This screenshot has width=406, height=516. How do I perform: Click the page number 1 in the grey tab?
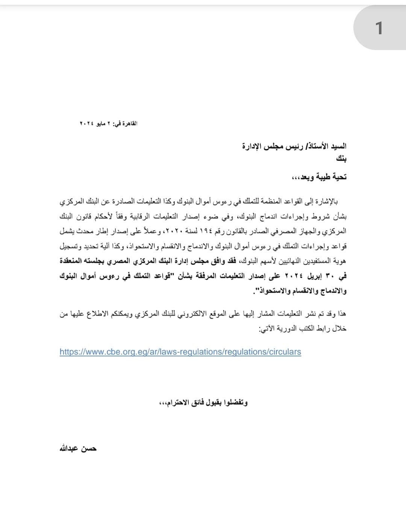[379, 28]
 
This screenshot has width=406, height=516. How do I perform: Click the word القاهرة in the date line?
[129, 123]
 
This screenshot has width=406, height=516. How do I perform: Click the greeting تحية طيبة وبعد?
[320, 177]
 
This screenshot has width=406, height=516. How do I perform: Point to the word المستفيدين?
[309, 260]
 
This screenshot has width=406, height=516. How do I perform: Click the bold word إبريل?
[315, 276]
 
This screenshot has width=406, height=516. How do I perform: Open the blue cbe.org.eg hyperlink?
[180, 352]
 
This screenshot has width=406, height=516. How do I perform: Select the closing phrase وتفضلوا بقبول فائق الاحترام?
[203, 403]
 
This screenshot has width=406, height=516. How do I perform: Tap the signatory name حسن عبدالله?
[78, 448]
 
